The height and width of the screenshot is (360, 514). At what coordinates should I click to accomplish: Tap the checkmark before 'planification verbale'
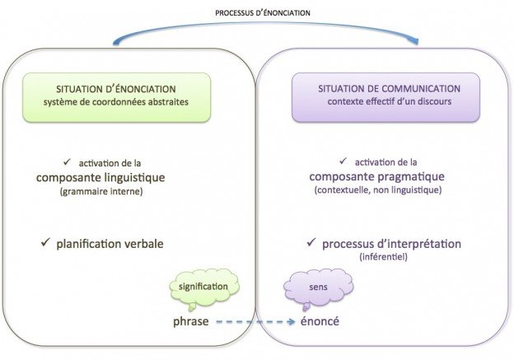click(x=46, y=243)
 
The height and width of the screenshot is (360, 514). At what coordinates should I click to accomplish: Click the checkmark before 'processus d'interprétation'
click(x=311, y=243)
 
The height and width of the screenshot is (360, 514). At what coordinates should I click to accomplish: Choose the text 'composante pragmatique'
click(x=376, y=176)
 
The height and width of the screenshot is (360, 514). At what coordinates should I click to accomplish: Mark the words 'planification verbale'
click(x=110, y=244)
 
